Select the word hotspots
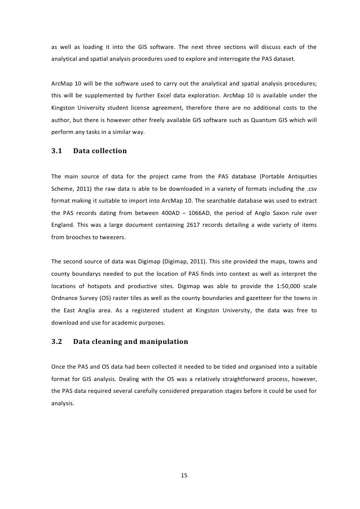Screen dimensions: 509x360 (x=101, y=285)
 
